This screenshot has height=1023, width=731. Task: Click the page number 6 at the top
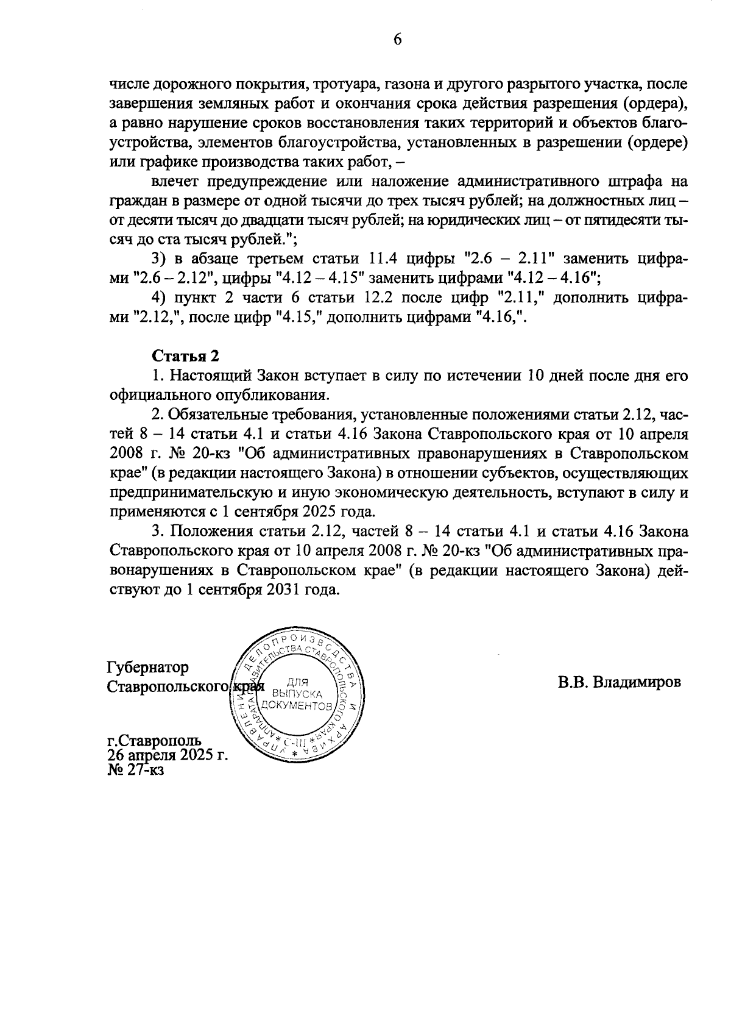click(397, 40)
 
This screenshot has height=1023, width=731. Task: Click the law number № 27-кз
click(136, 769)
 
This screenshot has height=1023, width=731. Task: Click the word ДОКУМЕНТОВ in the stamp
click(297, 707)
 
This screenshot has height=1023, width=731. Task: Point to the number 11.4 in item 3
click(392, 259)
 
